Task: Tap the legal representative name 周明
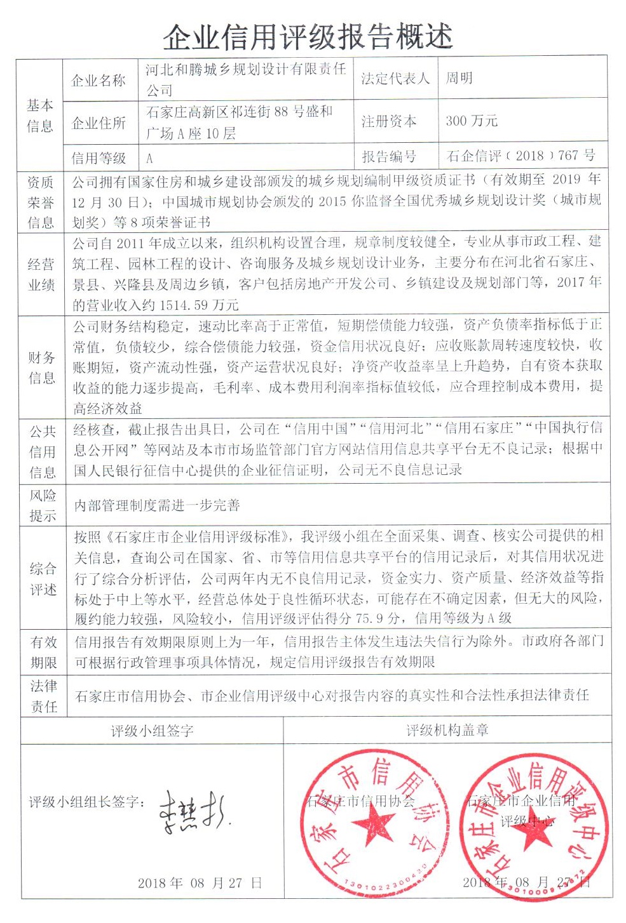[458, 78]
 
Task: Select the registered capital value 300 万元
[472, 121]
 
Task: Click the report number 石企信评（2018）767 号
[521, 156]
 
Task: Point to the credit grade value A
[149, 157]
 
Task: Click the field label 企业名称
[99, 80]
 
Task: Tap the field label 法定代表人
[395, 78]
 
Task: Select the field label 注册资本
[389, 121]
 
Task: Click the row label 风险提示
[43, 505]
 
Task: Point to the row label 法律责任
[43, 696]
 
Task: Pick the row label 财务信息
[42, 368]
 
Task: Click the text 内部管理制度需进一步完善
[157, 505]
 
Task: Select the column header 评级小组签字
[152, 731]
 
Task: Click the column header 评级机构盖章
[447, 731]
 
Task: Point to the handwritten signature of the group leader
[191, 811]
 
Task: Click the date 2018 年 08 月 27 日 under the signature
[200, 883]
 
